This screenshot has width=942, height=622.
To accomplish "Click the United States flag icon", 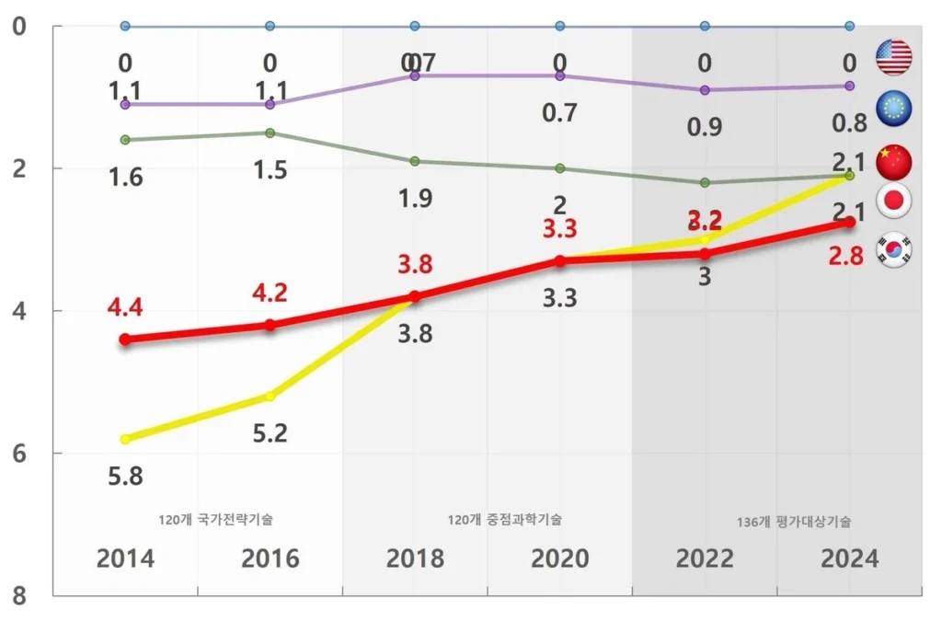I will (x=893, y=57).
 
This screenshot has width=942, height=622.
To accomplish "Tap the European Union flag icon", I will (x=893, y=109).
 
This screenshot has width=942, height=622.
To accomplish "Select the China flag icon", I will (x=893, y=161).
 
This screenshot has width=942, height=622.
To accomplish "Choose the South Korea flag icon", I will (x=893, y=249).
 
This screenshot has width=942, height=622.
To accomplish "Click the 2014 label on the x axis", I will (x=125, y=559).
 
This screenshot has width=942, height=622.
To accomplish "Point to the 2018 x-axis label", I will (x=415, y=559).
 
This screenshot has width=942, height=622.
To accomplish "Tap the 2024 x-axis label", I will (x=849, y=559).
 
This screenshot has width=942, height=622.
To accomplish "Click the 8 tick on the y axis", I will (x=19, y=596).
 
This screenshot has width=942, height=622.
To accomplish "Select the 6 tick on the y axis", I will (x=19, y=454).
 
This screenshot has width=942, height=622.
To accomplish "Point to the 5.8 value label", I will (x=125, y=477).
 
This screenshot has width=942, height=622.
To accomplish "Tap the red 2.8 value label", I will (x=845, y=257).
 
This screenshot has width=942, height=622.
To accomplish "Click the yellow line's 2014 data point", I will (x=125, y=439).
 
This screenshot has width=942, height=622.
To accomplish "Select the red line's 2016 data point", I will (x=270, y=325).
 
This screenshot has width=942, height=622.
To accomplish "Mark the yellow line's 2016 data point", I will (x=270, y=397).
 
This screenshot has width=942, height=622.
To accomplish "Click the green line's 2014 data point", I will (x=125, y=140).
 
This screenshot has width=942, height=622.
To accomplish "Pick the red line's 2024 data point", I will (x=850, y=223).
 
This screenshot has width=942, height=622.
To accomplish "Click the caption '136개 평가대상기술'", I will (x=793, y=522).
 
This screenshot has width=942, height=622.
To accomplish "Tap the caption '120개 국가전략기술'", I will (x=215, y=519).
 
